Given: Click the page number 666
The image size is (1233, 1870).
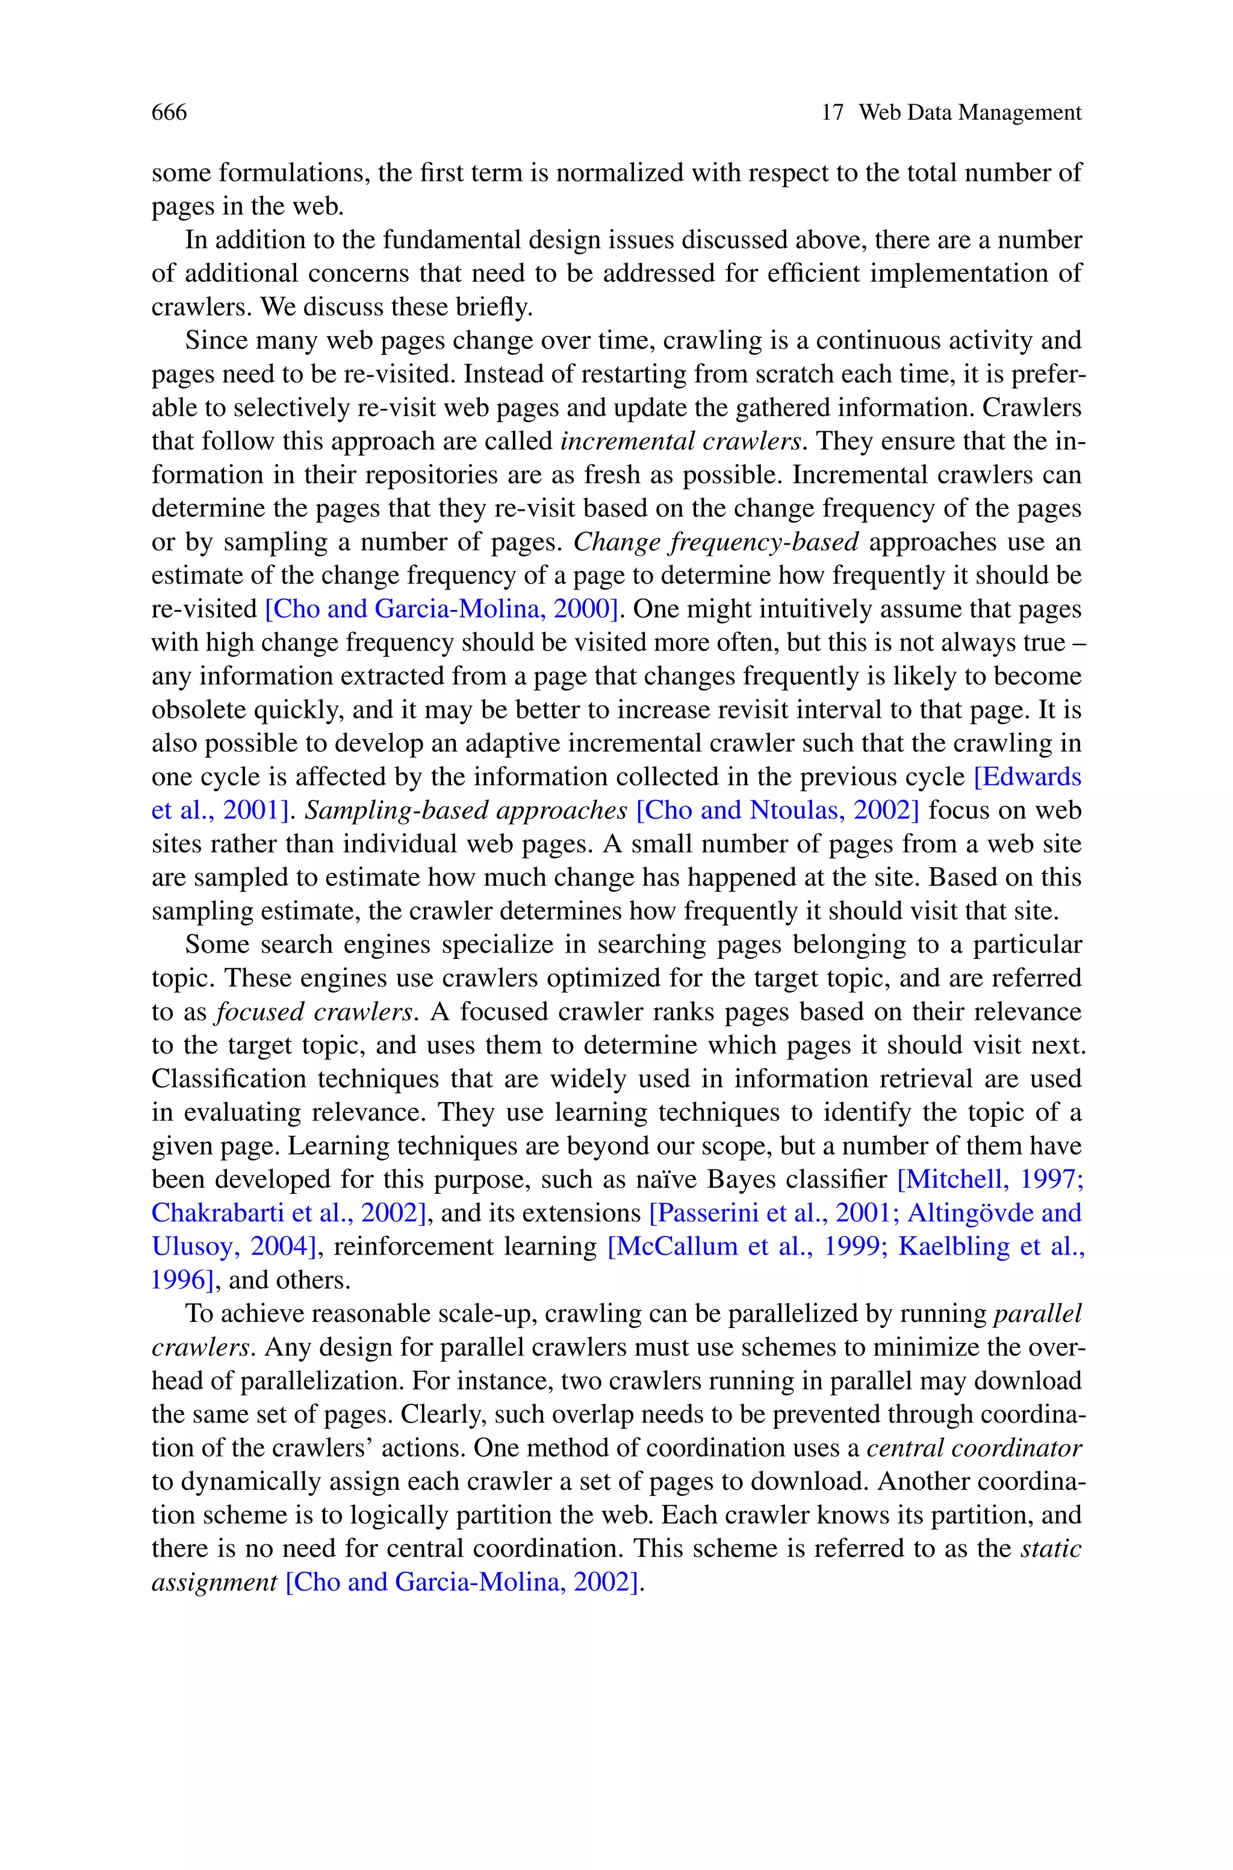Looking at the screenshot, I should [169, 113].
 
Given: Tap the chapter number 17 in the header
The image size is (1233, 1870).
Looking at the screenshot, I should [832, 113].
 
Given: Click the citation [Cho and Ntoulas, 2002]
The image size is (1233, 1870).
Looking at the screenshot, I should [777, 811].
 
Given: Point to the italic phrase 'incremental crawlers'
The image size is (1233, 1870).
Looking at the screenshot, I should [681, 442].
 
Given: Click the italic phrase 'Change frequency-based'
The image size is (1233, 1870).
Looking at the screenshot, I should [716, 543].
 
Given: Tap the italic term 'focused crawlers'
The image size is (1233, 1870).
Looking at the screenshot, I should [314, 1012].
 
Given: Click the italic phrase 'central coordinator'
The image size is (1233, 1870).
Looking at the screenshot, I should [974, 1448].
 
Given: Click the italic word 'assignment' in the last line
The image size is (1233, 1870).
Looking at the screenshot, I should [214, 1582].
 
